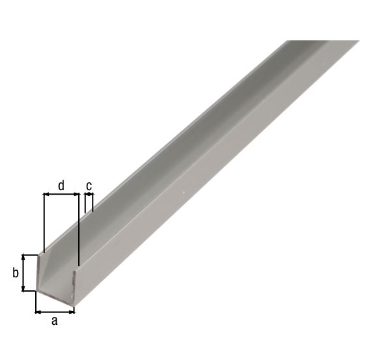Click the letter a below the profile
click(55, 320)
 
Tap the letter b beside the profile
click(15, 273)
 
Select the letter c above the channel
click(89, 186)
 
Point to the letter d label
click(61, 186)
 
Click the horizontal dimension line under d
click(61, 194)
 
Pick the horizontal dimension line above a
click(55, 311)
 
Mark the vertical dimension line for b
click(24, 273)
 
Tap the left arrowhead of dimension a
click(38, 311)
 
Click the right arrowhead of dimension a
click(72, 311)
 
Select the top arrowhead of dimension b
click(24, 257)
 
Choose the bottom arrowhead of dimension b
click(24, 288)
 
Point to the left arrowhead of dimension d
click(46, 194)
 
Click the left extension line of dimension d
click(43, 221)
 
